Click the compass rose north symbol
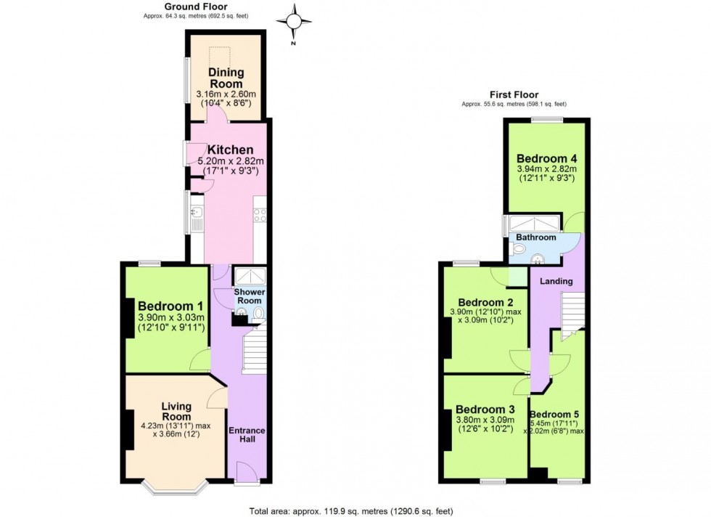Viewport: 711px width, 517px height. pos(295,23)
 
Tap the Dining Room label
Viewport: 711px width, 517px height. pos(226,78)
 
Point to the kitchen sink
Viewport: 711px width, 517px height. pos(195,215)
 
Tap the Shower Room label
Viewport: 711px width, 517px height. pos(250,296)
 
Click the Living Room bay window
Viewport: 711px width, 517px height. pos(174,485)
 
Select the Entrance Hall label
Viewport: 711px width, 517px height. pos(247,435)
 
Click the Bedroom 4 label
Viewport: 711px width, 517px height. pos(548,159)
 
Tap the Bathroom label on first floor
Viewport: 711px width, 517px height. pos(536,237)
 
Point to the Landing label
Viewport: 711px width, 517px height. pos(556,281)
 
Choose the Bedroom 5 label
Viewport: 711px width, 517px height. pos(558,415)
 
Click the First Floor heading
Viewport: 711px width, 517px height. pos(514,94)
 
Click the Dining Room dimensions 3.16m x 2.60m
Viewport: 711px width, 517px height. pos(226,95)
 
